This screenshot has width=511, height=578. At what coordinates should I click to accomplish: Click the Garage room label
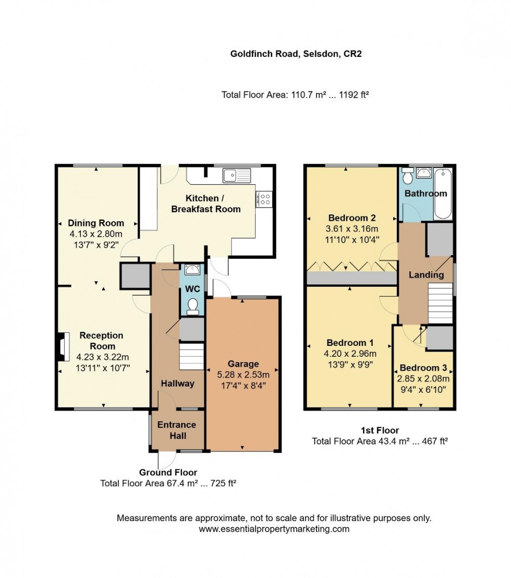click(x=243, y=364)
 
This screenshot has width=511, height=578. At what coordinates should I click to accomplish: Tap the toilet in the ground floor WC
click(x=192, y=307)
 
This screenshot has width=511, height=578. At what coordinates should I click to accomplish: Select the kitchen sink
click(x=237, y=175)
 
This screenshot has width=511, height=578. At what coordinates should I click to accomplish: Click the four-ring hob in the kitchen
click(x=264, y=199)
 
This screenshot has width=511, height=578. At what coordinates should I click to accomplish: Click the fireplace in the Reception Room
click(x=63, y=346)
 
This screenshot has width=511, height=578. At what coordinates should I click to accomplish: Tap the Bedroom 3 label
click(x=423, y=368)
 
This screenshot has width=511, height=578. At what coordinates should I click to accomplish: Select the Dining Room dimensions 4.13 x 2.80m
click(x=96, y=234)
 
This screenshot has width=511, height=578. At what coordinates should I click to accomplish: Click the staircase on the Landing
click(x=440, y=304)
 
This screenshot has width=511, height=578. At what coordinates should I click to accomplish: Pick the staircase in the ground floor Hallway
click(x=191, y=356)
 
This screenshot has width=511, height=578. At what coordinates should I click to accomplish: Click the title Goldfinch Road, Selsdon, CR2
click(x=296, y=54)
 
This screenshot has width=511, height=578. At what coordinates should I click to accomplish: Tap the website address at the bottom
click(x=274, y=529)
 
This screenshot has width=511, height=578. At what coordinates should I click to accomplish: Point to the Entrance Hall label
click(x=177, y=430)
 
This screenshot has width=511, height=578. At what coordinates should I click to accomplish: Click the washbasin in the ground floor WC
click(x=192, y=270)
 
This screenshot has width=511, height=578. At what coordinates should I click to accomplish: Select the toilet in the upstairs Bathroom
click(x=407, y=175)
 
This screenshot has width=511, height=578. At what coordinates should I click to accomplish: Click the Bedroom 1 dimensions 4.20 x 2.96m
click(x=350, y=354)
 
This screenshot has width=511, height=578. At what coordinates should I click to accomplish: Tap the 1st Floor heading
click(x=380, y=430)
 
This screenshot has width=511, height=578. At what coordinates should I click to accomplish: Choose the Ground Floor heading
click(x=168, y=472)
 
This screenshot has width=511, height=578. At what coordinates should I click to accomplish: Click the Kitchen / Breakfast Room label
click(x=206, y=203)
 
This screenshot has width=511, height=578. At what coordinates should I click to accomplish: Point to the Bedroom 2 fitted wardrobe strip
click(x=352, y=278)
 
